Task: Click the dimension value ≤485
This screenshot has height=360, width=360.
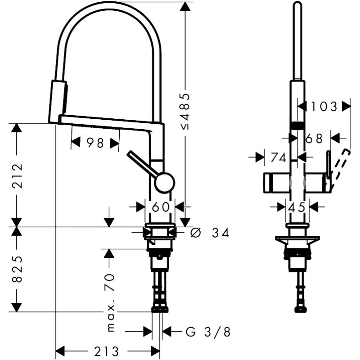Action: coord(186,112)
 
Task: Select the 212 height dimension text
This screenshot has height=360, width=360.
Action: coord(17,175)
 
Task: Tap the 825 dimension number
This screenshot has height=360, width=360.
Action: coord(17,269)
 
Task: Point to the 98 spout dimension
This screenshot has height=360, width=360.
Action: coord(95,143)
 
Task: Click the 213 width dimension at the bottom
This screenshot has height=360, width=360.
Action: coord(108,351)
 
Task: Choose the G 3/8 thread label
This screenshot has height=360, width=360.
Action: coord(207,332)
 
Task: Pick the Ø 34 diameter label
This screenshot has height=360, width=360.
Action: coord(210,233)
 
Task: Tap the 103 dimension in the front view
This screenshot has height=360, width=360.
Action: coord(324,107)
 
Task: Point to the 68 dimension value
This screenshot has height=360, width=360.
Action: coord(314,138)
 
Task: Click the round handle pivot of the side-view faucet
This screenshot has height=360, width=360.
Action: coord(164,182)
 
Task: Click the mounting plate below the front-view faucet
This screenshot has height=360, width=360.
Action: coord(297,238)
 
